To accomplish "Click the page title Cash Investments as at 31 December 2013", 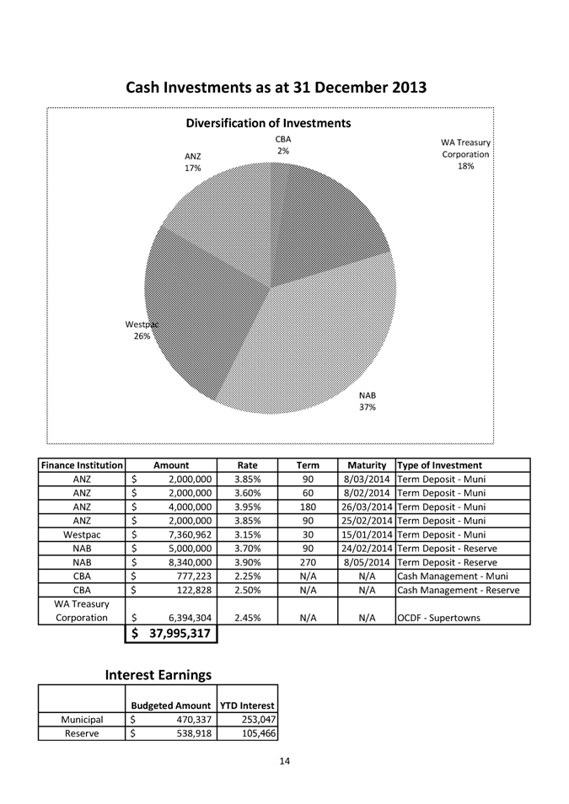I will [x=276, y=88].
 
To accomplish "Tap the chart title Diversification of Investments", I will [x=268, y=123].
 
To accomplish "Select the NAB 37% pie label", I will [x=368, y=401].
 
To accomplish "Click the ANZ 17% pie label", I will [x=193, y=162].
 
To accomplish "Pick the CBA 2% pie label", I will [x=282, y=145].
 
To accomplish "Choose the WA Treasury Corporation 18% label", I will [x=465, y=154].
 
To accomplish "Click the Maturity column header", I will [x=367, y=465].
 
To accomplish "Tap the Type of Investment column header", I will [x=439, y=465].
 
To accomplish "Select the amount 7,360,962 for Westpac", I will [x=184, y=533].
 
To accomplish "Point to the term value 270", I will [x=308, y=561].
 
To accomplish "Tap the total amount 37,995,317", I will [x=174, y=635].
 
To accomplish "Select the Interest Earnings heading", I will [x=158, y=675].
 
